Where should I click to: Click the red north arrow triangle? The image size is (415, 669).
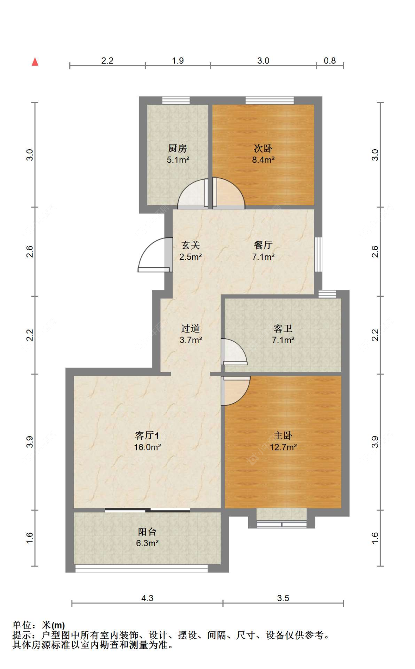point(35,62)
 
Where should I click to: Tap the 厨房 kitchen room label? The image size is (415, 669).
point(177,148)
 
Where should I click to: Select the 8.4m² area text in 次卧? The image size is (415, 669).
point(263,160)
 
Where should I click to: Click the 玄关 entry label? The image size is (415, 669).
point(190,245)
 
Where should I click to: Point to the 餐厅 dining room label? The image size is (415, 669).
point(263,245)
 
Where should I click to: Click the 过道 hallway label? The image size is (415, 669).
point(190,328)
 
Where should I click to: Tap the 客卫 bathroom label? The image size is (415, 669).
point(283,328)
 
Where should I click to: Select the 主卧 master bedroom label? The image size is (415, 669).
point(283,435)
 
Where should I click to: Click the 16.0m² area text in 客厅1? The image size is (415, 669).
point(147,447)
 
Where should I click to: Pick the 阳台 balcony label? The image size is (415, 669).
point(147,532)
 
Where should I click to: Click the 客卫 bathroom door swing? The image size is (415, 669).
point(234,352)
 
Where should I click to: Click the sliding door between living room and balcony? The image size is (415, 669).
point(148,510)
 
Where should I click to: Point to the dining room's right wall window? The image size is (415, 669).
point(318,254)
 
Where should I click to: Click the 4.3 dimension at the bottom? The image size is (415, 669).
point(147,598)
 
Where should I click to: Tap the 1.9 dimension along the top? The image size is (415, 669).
point(178,60)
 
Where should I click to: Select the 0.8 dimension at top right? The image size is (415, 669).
point(329,60)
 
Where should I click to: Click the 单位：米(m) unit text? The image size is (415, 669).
point(38,625)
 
